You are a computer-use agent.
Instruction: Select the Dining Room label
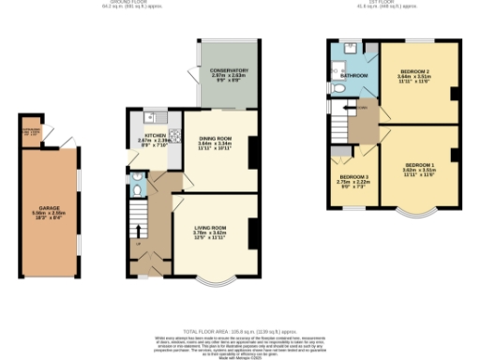point(215,142)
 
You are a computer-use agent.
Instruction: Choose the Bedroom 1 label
point(419,166)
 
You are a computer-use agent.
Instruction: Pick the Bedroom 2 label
point(415,74)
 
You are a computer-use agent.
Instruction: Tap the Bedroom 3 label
point(352,179)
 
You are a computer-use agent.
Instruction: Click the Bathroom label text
point(353,75)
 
